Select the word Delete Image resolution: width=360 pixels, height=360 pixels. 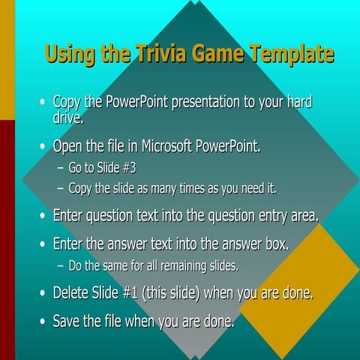[x=73, y=293]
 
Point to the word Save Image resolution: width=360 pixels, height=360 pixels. [x=67, y=322]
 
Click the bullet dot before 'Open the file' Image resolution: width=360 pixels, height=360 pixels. [x=43, y=146]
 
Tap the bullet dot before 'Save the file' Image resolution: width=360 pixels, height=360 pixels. [x=43, y=322]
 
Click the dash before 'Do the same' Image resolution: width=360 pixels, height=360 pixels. [x=61, y=265]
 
